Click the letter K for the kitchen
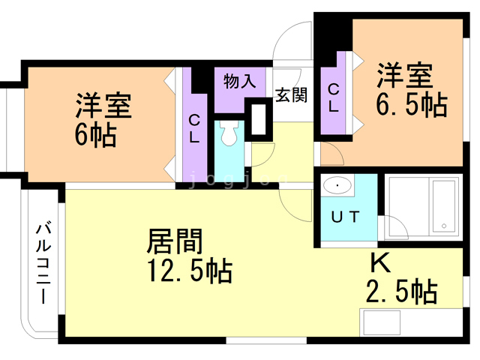[380, 263]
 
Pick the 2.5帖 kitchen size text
[401, 291]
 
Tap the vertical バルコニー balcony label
[43, 262]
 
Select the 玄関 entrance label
[290, 95]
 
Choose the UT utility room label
[346, 217]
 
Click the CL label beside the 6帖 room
[194, 127]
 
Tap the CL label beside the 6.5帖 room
[333, 97]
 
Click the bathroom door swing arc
[393, 226]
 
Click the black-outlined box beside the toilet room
[262, 119]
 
